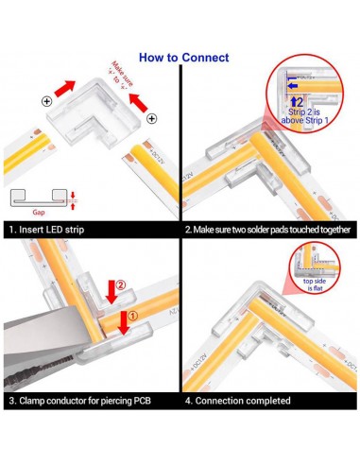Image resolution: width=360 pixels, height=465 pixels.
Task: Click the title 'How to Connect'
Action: pyautogui.click(x=183, y=58)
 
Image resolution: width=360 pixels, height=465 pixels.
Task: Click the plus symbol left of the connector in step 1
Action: pyautogui.click(x=47, y=99)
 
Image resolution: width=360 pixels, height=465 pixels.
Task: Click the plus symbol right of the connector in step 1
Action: pyautogui.click(x=152, y=119)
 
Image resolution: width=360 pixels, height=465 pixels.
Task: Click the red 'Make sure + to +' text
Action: pyautogui.click(x=119, y=75)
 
